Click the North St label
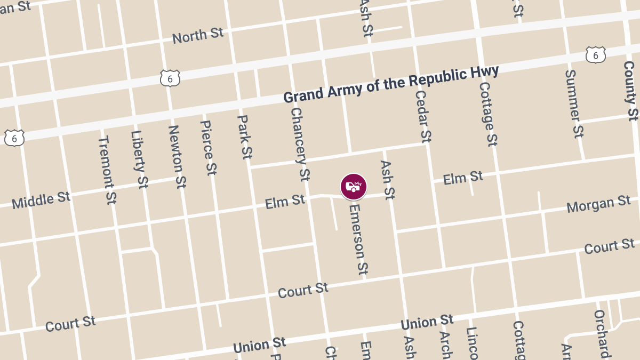197,36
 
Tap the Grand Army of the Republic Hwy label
391,84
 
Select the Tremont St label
107,170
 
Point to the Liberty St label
139,159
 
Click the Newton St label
177,156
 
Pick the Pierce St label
209,147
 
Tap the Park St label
244,137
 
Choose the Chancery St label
300,144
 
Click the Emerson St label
358,238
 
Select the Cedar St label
422,116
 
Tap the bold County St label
630,91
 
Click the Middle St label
41,201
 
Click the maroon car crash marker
354,187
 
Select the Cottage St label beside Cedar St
488,114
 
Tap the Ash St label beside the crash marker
387,180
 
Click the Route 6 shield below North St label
170,78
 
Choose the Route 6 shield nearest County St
595,54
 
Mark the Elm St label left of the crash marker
285,202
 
